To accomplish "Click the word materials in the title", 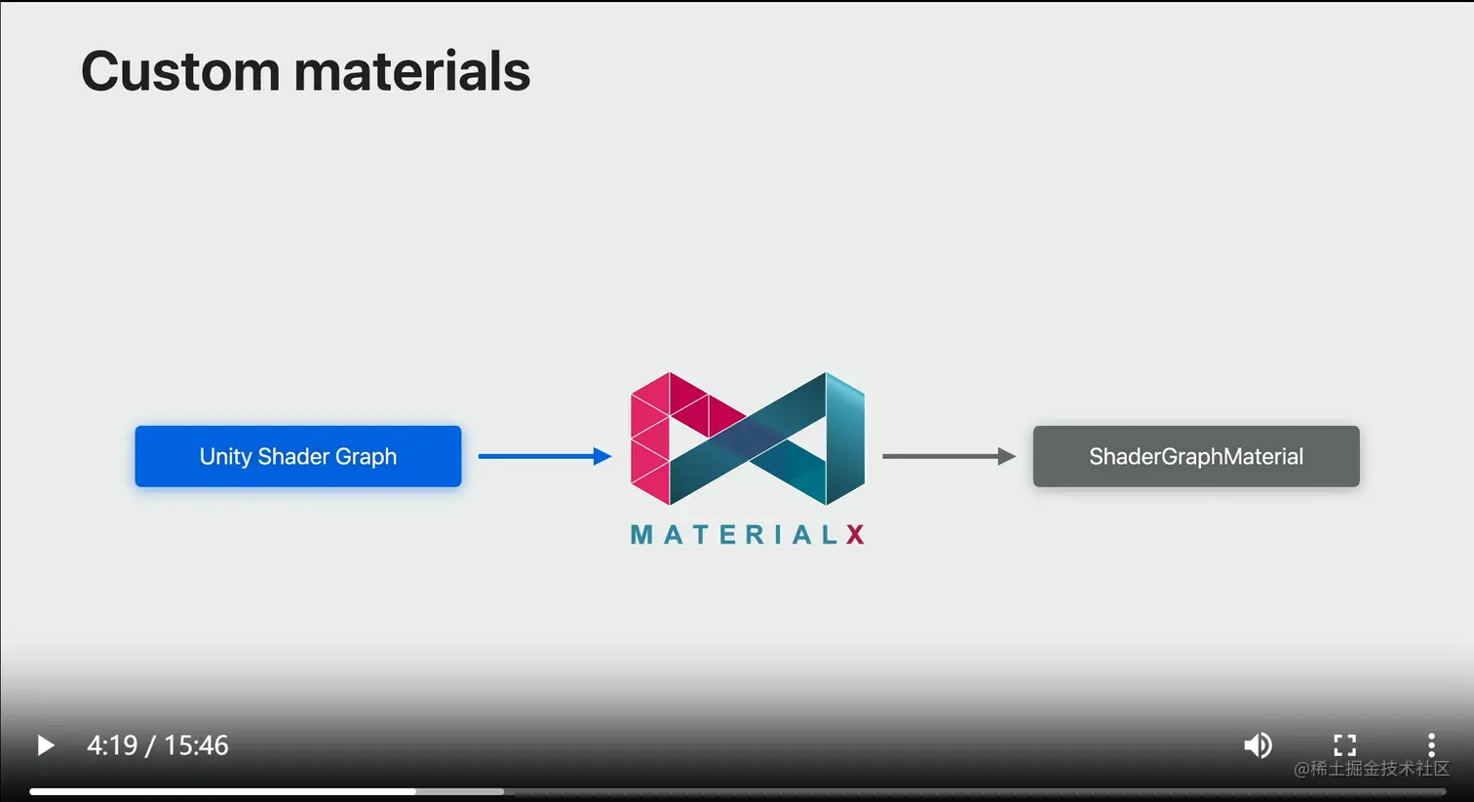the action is click(411, 71).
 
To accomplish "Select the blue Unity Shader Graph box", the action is click(297, 456).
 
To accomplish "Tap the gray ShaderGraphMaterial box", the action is click(1195, 456).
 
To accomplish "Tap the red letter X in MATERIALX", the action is click(855, 535).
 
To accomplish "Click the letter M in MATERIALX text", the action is click(641, 535).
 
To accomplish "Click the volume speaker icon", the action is click(1258, 745).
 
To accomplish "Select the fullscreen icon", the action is click(1345, 745).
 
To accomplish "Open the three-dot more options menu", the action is click(1431, 745).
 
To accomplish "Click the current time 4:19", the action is click(112, 745).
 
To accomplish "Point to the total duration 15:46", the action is click(196, 745).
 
